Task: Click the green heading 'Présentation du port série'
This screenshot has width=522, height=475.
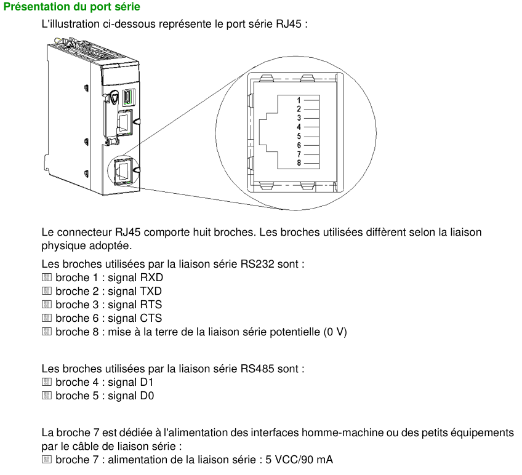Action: click(72, 7)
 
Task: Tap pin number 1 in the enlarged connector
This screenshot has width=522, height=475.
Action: click(299, 100)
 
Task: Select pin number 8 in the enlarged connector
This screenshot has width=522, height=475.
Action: click(299, 163)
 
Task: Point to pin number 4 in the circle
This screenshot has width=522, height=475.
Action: click(299, 127)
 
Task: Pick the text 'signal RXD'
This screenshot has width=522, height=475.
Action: click(135, 277)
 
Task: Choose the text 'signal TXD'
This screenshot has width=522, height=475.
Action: click(135, 291)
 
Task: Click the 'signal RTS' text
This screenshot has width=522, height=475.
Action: click(135, 305)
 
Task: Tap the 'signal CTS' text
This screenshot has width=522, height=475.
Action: click(135, 318)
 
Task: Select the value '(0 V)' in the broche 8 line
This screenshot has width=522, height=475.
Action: click(335, 332)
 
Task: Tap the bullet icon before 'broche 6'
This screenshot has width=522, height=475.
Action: click(47, 318)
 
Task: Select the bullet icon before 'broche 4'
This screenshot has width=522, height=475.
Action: click(47, 382)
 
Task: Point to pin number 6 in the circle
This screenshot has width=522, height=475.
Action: click(299, 145)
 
